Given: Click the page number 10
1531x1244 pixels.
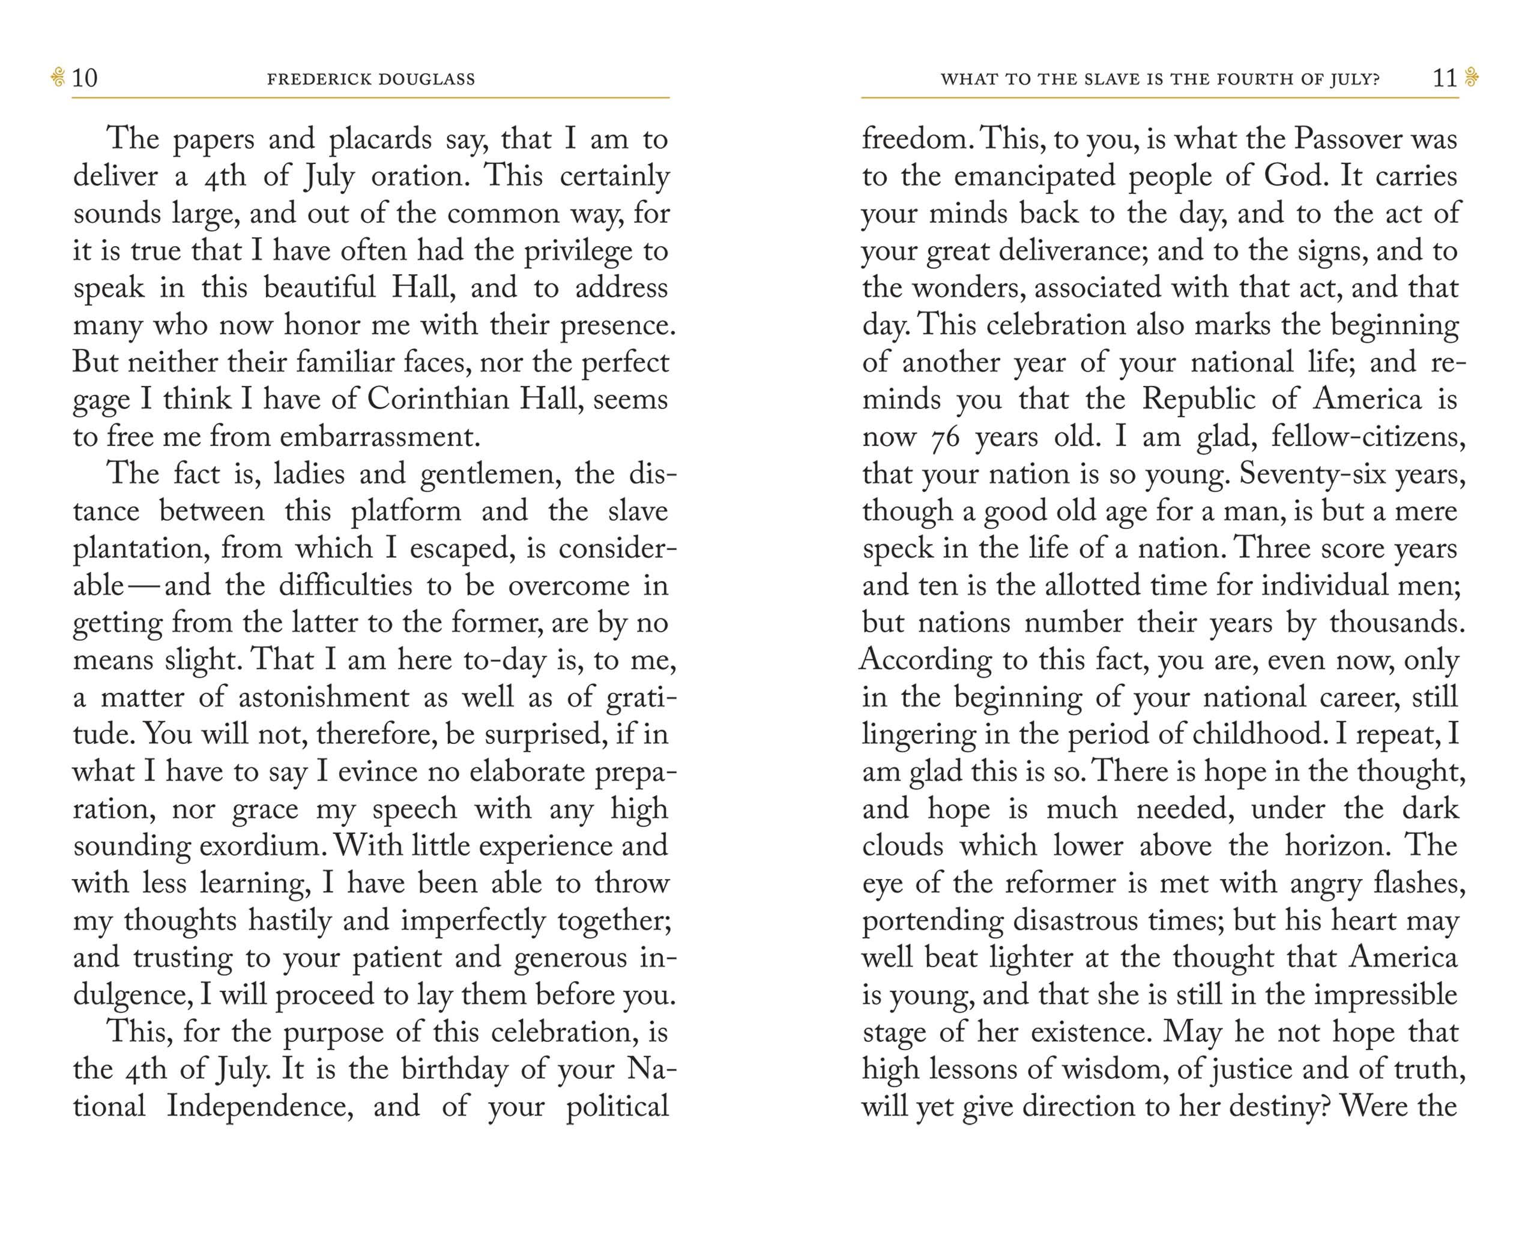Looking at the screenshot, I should pyautogui.click(x=85, y=77).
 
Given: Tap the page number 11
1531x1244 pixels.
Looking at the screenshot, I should pyautogui.click(x=1445, y=77).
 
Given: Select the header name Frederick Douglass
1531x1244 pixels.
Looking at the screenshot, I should pyautogui.click(x=371, y=79).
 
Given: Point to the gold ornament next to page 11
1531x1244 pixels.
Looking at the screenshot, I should pyautogui.click(x=1472, y=77).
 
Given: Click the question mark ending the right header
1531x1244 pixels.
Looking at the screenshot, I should pyautogui.click(x=1376, y=79).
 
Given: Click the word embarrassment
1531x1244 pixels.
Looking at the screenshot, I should pyautogui.click(x=379, y=436).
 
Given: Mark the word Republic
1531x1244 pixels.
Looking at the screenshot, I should pyautogui.click(x=1198, y=399).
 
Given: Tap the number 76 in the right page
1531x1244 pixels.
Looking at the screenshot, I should pyautogui.click(x=946, y=437).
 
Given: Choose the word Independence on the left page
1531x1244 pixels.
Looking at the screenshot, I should pyautogui.click(x=260, y=1107).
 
